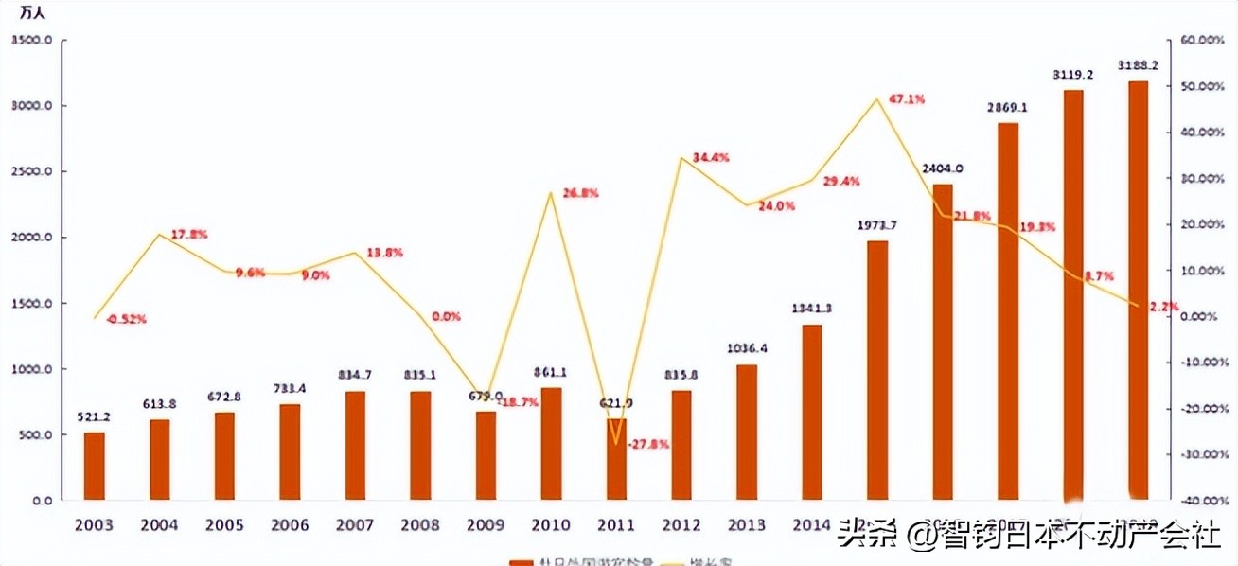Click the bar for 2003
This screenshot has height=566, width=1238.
click(x=95, y=466)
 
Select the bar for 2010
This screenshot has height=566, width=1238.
click(x=551, y=443)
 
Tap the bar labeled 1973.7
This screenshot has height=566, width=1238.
click(x=877, y=370)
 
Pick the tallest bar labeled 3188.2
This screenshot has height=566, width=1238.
click(x=1138, y=290)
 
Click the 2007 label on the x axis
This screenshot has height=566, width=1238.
click(x=356, y=524)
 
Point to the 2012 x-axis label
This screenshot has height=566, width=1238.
click(x=681, y=524)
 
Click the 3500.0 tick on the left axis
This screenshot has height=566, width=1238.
click(x=30, y=41)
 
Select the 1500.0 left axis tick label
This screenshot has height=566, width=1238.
click(x=30, y=304)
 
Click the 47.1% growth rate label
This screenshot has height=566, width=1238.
click(x=906, y=99)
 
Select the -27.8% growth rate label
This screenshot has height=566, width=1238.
click(x=648, y=444)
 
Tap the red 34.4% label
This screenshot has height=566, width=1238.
click(x=710, y=158)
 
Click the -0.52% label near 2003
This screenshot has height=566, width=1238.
click(x=126, y=319)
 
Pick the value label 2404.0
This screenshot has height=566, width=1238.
click(x=942, y=168)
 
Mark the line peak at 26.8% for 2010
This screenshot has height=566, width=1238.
click(x=551, y=193)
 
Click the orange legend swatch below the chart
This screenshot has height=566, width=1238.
click(x=520, y=561)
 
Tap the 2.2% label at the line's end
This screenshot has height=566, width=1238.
click(x=1163, y=306)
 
